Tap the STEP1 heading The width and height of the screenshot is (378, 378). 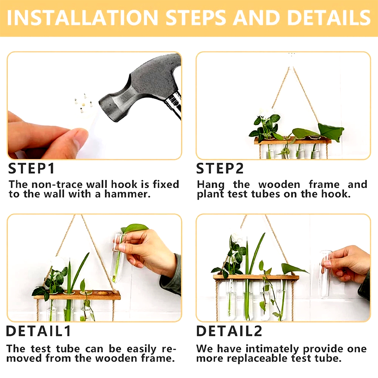point(31,169)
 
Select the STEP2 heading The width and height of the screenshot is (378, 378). point(220,169)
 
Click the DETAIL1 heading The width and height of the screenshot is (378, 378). point(38,331)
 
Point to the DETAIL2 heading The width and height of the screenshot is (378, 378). point(229,331)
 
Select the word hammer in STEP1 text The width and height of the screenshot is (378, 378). point(127,194)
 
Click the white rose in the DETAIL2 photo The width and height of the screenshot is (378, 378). point(236,238)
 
